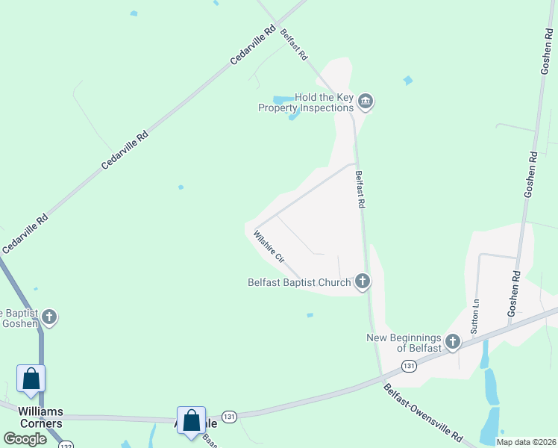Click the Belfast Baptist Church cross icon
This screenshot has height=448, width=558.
click(x=362, y=281)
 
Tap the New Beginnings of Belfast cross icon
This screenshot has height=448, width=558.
click(x=452, y=343)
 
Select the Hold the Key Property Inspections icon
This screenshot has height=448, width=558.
click(x=365, y=101)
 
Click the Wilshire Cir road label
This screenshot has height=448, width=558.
click(x=269, y=246)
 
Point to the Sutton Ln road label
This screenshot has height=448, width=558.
click(x=474, y=317)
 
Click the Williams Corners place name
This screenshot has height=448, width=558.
click(x=31, y=417)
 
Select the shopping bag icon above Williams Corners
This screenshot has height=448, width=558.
click(x=31, y=379)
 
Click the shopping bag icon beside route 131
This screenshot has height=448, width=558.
click(x=191, y=420)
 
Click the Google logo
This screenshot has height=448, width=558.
click(x=25, y=439)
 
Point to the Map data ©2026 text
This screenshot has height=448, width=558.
click(x=525, y=442)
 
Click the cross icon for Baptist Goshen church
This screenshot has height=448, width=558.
click(x=49, y=317)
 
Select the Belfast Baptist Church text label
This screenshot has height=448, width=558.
click(x=299, y=282)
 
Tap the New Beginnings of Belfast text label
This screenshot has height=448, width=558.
click(x=404, y=343)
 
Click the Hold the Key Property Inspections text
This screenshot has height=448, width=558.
click(x=306, y=102)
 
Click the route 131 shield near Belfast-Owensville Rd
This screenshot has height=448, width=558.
click(x=408, y=366)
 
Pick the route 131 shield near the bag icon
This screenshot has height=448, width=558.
click(x=228, y=417)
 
